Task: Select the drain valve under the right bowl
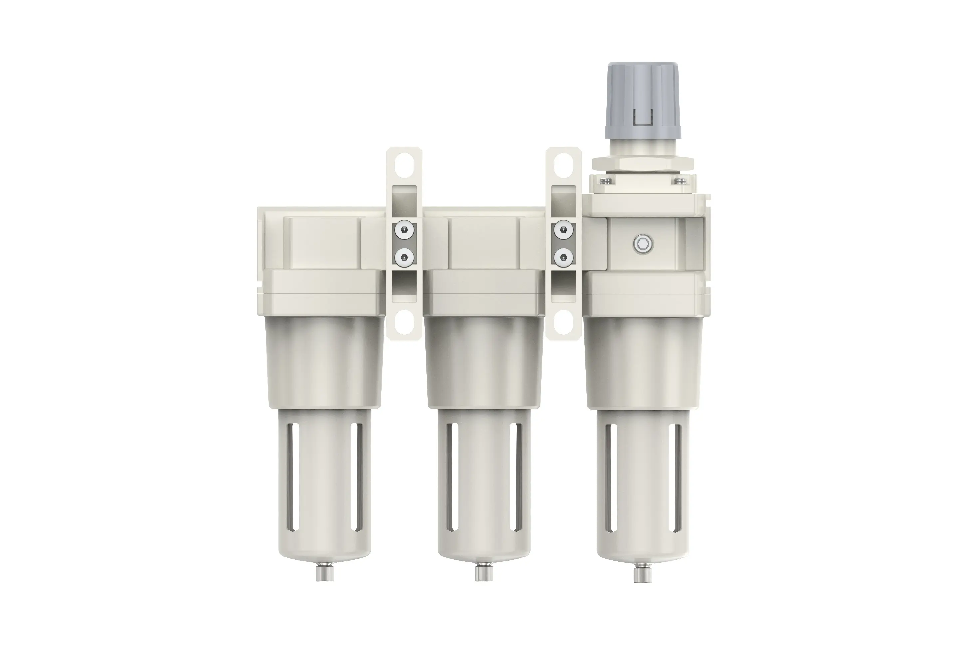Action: click(642, 573)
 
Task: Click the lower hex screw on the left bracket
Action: click(404, 258)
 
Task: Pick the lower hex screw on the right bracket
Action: click(563, 258)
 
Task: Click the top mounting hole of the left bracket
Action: click(404, 165)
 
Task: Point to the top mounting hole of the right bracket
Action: click(563, 165)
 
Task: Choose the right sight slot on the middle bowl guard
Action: click(513, 477)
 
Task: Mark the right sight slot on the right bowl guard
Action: click(672, 477)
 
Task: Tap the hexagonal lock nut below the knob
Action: click(642, 164)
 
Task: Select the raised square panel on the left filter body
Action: click(325, 243)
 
